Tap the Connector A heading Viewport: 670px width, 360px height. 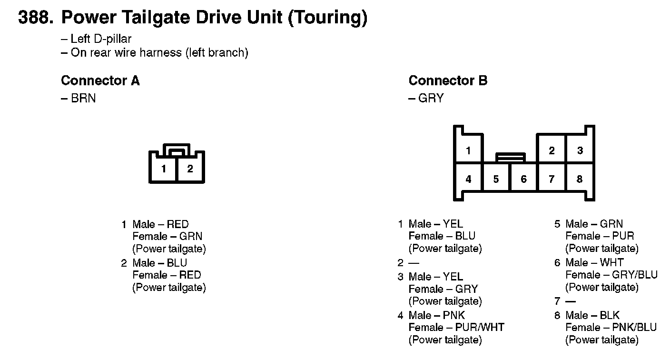click(x=100, y=80)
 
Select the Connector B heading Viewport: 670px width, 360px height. click(x=448, y=80)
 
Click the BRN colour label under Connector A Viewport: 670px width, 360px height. click(x=83, y=98)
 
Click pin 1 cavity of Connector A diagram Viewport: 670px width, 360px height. click(x=164, y=169)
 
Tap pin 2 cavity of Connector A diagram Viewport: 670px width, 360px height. click(x=190, y=169)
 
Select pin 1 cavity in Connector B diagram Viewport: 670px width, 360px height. click(x=468, y=150)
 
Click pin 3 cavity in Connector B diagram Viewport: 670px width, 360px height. click(x=580, y=150)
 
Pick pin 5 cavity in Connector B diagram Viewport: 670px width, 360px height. click(x=496, y=179)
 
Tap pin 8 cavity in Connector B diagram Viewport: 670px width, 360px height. click(x=579, y=179)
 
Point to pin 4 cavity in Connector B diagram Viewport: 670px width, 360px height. click(x=468, y=179)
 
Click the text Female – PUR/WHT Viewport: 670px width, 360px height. click(x=456, y=328)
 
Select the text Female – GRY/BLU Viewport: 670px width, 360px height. click(x=611, y=275)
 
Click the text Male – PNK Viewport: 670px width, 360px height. click(x=436, y=315)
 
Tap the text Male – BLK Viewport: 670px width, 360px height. click(x=592, y=315)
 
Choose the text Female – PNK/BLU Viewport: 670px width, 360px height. click(x=611, y=328)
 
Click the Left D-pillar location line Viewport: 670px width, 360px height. click(x=100, y=39)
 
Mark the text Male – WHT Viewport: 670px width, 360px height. click(x=594, y=262)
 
